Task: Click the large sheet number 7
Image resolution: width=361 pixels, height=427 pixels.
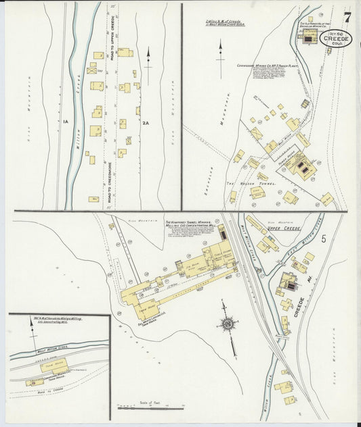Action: [347, 16]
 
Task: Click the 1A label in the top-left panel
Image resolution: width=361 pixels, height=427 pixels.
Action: [66, 122]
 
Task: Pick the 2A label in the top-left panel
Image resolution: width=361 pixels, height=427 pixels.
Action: [145, 122]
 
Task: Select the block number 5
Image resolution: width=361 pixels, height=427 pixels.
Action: [324, 238]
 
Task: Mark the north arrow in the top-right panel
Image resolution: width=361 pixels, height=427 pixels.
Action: [219, 51]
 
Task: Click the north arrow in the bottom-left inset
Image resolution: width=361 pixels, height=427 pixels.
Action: [32, 329]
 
